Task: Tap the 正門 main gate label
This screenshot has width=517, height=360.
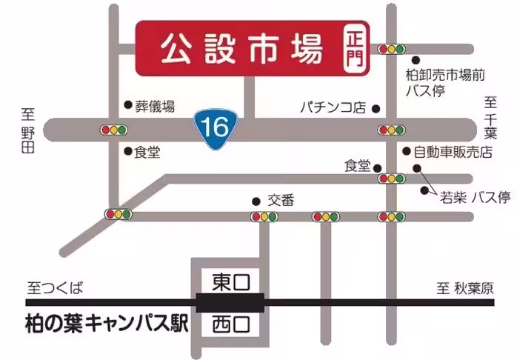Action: (x=354, y=49)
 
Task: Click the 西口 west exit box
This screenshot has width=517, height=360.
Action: (x=230, y=323)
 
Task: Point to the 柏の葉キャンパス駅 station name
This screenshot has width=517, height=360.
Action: (x=103, y=323)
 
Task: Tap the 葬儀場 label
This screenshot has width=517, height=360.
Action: (x=155, y=106)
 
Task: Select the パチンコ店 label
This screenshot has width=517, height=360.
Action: (x=333, y=108)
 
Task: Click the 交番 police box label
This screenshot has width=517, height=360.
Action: (x=281, y=200)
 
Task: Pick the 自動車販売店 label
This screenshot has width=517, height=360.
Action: (x=453, y=152)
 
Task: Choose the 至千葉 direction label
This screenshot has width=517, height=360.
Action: (x=490, y=119)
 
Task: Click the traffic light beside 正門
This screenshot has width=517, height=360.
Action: (x=391, y=50)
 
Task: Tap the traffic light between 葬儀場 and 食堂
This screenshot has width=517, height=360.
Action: (x=114, y=130)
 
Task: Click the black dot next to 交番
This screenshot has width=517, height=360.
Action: (x=256, y=200)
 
